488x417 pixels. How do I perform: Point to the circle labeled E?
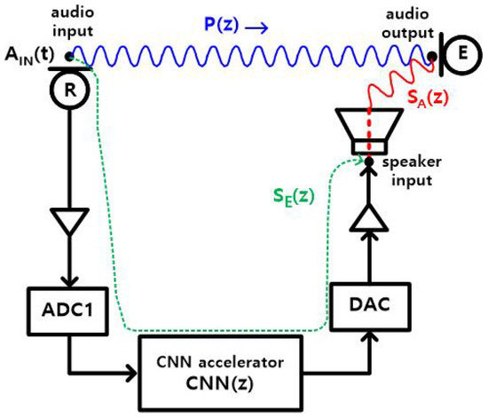pyautogui.click(x=461, y=54)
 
